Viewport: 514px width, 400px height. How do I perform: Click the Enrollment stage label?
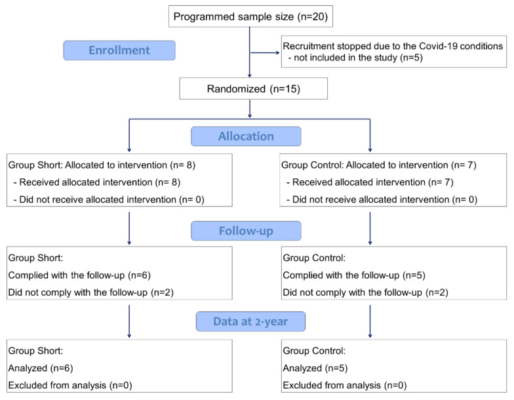(x=119, y=50)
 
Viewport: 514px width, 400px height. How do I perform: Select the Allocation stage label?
(x=246, y=136)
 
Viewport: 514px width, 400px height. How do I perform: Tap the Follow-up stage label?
(x=246, y=231)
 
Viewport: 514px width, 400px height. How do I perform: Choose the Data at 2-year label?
(x=250, y=321)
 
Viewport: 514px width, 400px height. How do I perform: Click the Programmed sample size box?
(x=250, y=16)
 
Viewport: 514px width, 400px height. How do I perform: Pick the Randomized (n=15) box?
(x=253, y=89)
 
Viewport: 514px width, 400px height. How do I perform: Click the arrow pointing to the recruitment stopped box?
(x=265, y=52)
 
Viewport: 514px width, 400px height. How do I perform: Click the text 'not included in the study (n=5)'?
(x=358, y=58)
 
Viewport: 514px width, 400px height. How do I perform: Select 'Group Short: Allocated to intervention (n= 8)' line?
(x=102, y=165)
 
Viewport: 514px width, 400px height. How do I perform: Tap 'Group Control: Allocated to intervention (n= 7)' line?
(x=379, y=165)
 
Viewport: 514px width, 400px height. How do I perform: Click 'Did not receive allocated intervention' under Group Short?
(x=98, y=199)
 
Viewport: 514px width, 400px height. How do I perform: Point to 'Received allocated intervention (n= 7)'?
(x=372, y=182)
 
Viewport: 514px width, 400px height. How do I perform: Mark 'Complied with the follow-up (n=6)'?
(x=79, y=275)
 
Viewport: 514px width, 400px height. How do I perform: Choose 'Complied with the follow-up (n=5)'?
(x=354, y=275)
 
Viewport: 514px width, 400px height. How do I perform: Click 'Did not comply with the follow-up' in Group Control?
(x=353, y=292)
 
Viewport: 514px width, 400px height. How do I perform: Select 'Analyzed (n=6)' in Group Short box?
(x=41, y=369)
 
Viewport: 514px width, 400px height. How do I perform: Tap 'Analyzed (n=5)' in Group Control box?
(x=315, y=369)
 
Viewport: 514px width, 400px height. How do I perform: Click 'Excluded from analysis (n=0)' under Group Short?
(x=70, y=386)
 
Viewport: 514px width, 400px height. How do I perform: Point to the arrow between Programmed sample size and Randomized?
(x=250, y=52)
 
